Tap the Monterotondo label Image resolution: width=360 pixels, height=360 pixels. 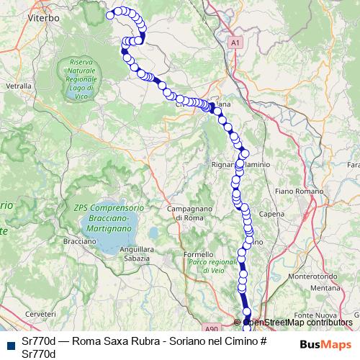point(308,276)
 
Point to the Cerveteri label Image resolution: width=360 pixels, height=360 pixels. point(40,315)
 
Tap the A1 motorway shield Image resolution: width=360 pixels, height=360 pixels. point(235,44)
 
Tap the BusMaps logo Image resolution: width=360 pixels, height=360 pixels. point(325,344)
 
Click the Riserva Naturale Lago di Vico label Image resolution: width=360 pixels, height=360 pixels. point(82,73)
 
